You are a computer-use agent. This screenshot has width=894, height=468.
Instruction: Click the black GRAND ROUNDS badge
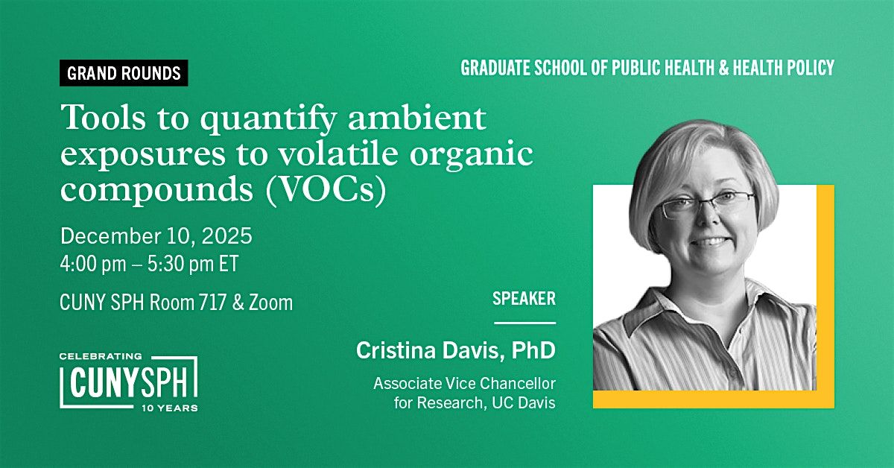pyautogui.click(x=124, y=73)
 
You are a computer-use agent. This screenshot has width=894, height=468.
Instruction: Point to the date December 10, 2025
pyautogui.click(x=156, y=237)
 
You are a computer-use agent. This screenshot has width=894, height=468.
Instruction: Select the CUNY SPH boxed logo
pyautogui.click(x=129, y=382)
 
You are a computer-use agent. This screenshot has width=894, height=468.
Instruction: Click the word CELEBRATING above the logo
pyautogui.click(x=100, y=357)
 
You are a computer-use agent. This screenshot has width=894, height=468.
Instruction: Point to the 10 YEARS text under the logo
pyautogui.click(x=169, y=408)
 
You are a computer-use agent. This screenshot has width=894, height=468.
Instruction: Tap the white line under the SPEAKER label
pyautogui.click(x=525, y=323)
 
